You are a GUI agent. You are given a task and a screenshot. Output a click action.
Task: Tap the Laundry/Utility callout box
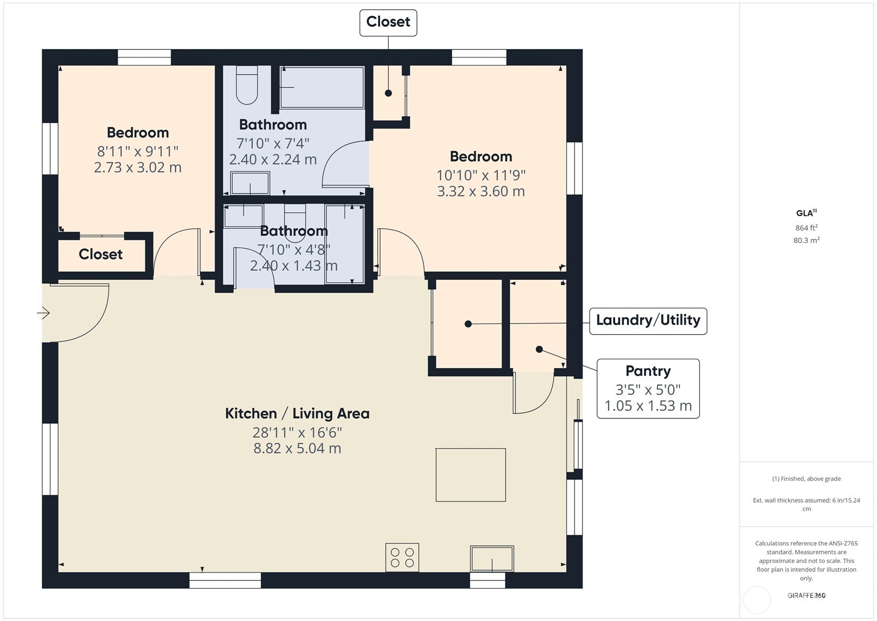(648, 321)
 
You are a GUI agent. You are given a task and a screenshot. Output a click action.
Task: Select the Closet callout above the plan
(388, 23)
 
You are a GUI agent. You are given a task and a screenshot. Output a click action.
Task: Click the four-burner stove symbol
(402, 557)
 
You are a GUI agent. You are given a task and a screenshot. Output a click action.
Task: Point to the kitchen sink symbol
(491, 558)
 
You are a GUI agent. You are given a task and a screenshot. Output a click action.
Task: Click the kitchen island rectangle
(471, 475)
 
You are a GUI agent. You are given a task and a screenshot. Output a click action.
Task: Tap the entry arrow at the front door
(44, 313)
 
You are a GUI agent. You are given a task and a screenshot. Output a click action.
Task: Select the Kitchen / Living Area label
(297, 414)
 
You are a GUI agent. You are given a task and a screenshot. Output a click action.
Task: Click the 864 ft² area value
(806, 228)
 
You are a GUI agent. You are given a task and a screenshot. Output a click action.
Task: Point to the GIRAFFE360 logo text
(806, 595)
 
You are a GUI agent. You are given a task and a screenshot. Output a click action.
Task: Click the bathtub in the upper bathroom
(322, 87)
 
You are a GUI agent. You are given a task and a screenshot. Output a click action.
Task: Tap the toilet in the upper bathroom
(247, 85)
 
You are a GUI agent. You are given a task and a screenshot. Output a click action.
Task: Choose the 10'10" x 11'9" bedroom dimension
(481, 175)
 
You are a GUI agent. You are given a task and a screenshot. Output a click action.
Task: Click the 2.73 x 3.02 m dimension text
(137, 167)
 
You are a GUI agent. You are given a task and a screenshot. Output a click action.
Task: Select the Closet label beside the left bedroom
(101, 254)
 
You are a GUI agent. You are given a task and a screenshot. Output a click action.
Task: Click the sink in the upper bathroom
(250, 183)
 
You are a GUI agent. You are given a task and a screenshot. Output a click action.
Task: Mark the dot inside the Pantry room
(539, 349)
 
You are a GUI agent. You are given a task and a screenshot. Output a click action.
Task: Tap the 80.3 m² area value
(806, 240)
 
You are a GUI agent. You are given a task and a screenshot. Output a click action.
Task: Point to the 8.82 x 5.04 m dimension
(297, 448)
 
